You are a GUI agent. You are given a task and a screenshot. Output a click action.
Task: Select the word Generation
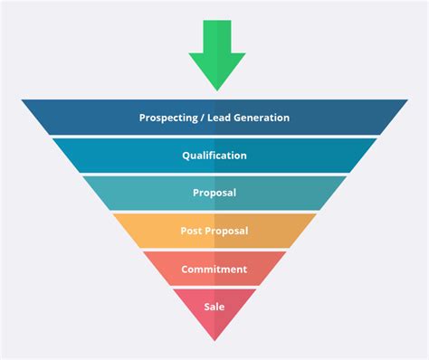click(262, 118)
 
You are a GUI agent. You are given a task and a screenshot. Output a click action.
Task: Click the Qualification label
click(214, 156)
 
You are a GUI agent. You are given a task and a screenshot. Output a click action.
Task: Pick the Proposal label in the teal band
click(214, 193)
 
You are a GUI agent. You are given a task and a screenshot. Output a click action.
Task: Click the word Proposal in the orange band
click(226, 231)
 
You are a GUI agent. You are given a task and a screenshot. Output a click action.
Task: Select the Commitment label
click(214, 269)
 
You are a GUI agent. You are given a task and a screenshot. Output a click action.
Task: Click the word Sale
click(214, 306)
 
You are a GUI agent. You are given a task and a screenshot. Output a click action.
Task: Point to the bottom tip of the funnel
click(214, 338)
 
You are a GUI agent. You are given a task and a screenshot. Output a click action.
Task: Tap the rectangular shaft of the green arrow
click(216, 36)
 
